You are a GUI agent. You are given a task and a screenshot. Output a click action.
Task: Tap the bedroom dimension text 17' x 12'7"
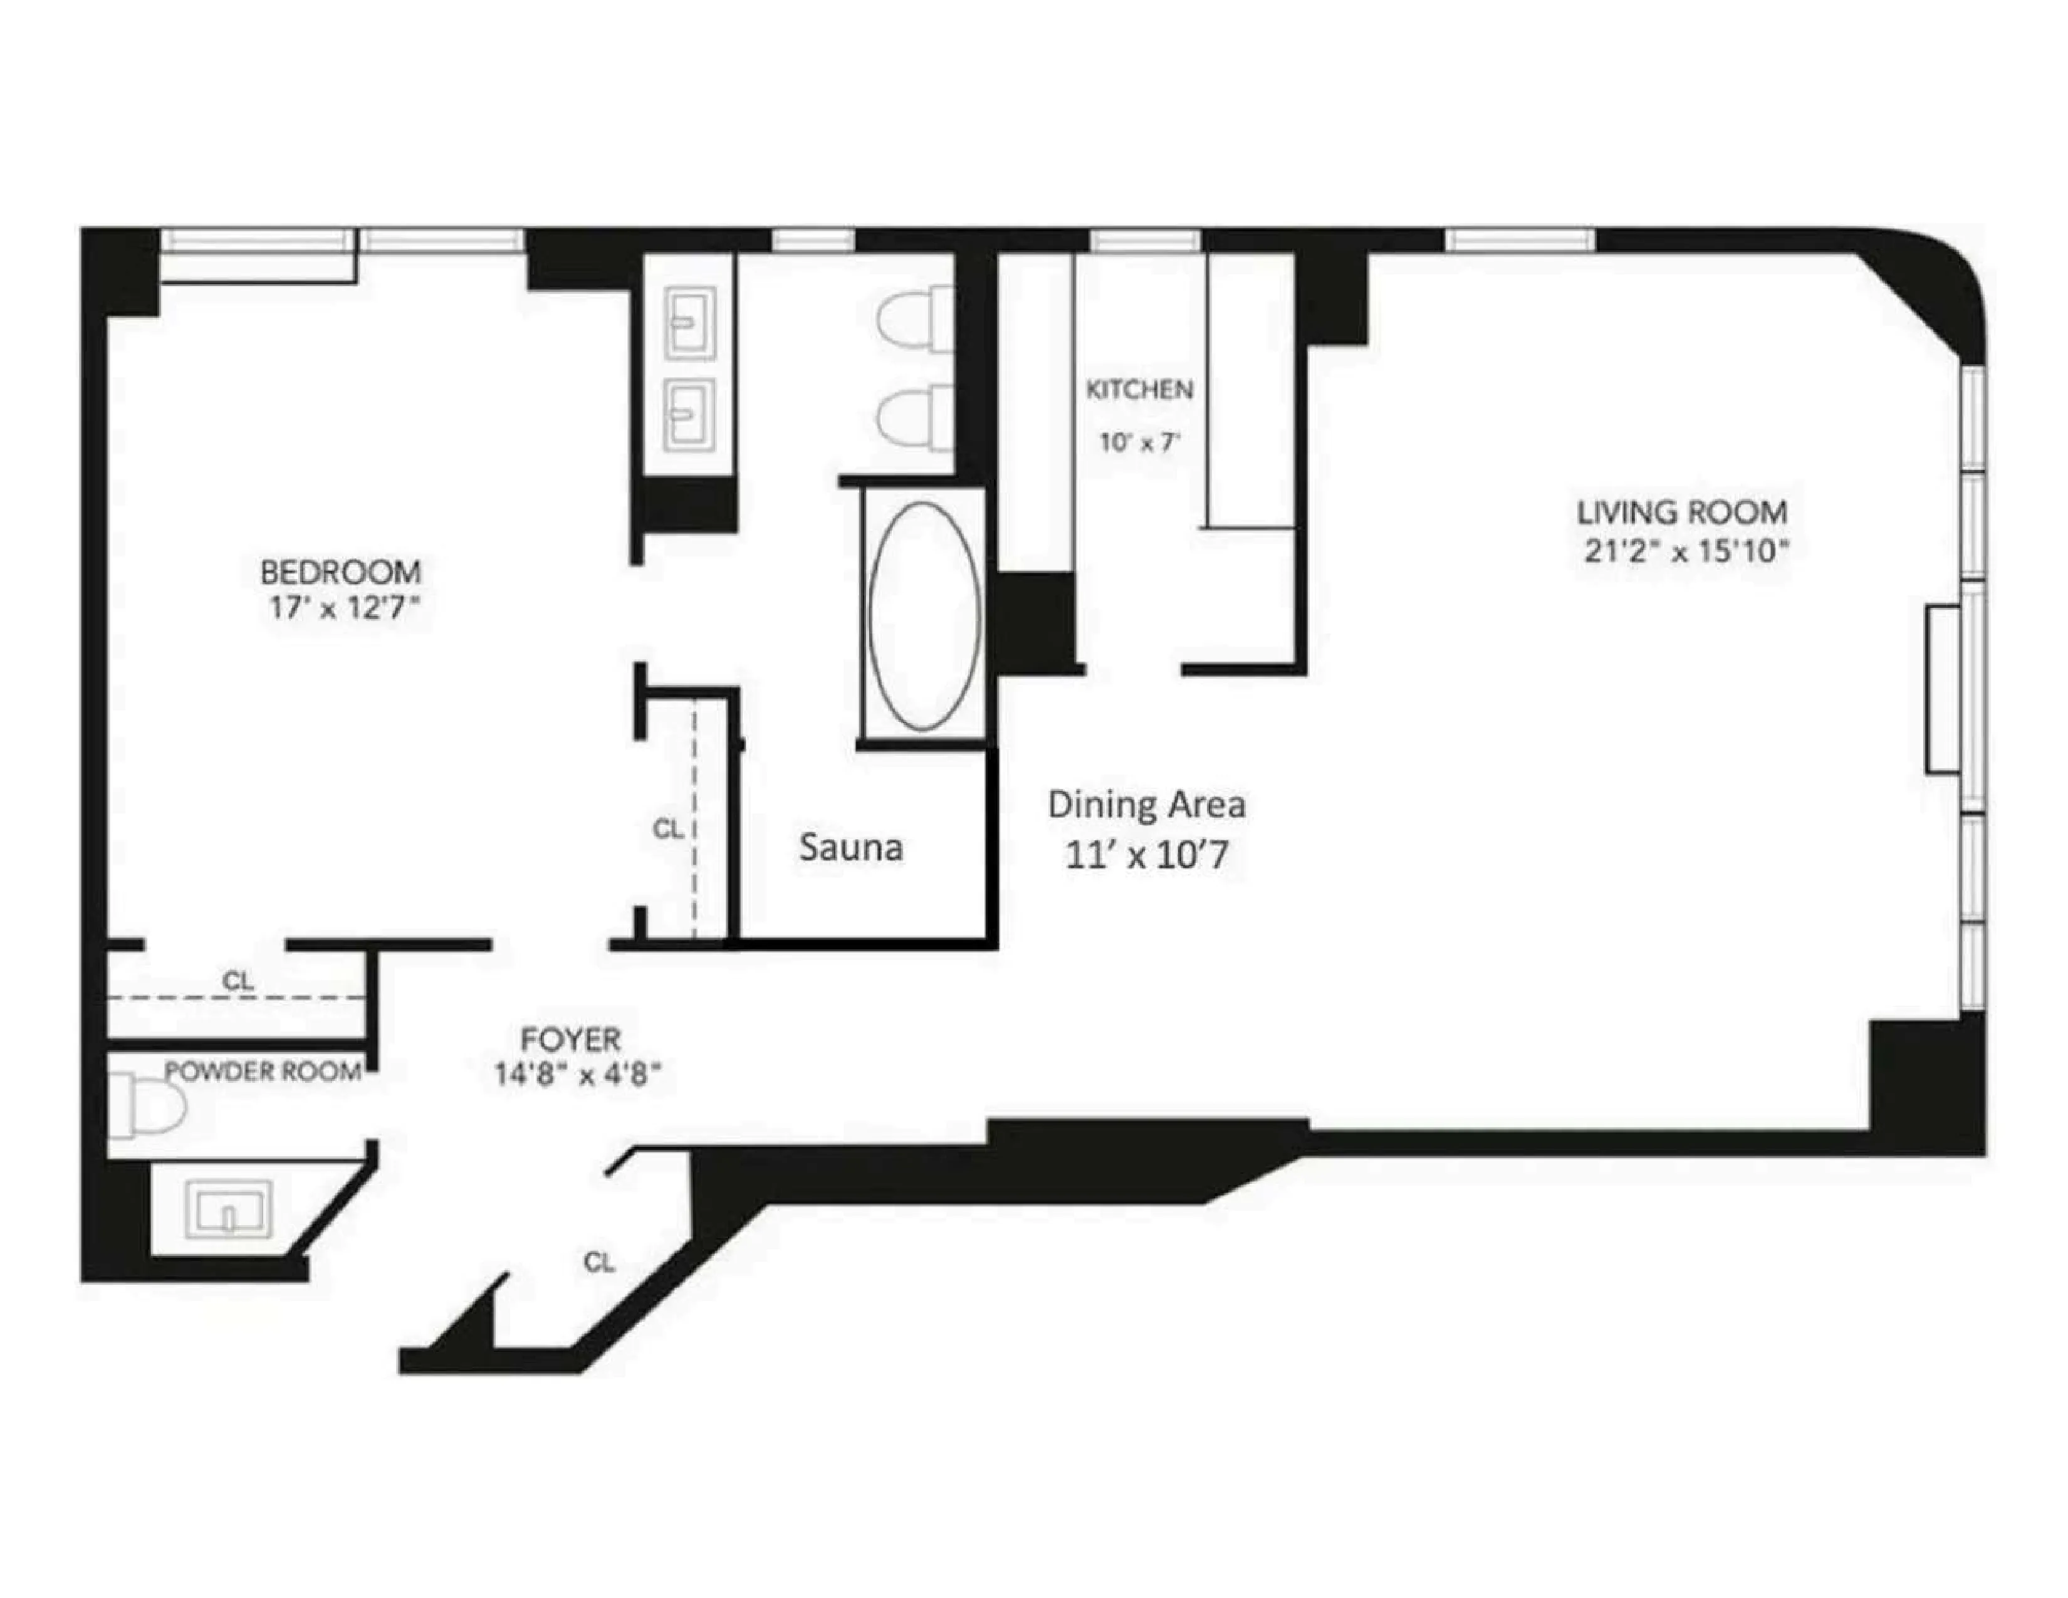click(343, 607)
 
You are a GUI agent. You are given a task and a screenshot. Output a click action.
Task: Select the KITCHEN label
click(1139, 389)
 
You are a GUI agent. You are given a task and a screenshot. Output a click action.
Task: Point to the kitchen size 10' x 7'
click(1139, 441)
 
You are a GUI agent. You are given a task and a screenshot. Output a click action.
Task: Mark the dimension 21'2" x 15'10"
click(1686, 551)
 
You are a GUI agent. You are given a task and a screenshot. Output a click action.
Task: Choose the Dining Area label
click(1146, 805)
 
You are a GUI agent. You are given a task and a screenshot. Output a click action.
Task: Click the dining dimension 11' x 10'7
click(1146, 855)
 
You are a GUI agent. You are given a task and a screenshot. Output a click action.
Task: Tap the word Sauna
click(850, 847)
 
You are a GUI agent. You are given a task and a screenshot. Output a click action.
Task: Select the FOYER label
click(571, 1040)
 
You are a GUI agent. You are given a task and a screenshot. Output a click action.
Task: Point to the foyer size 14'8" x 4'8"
click(577, 1075)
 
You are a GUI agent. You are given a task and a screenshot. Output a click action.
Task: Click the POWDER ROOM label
click(263, 1071)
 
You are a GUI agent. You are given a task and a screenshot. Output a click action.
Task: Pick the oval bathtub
click(924, 615)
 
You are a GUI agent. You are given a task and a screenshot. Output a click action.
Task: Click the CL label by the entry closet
click(598, 1262)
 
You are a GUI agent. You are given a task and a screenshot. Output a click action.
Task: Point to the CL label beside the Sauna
click(667, 828)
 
